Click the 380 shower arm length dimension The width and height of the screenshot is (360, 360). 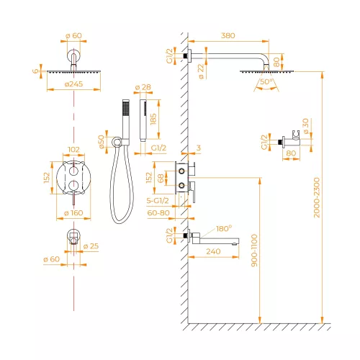tap(228, 35)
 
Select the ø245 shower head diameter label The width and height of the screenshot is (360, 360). tap(73, 84)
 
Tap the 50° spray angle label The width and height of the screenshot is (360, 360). tap(266, 81)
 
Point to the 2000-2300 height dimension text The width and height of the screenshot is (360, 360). tap(317, 197)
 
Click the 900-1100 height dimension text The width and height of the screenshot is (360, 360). tap(254, 251)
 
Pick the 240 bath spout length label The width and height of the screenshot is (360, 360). tap(213, 251)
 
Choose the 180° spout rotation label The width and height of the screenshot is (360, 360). tap(224, 228)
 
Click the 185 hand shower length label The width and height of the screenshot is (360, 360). tap(153, 120)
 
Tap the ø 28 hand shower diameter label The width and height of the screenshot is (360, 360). tap(143, 87)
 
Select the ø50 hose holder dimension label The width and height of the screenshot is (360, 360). tap(102, 142)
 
